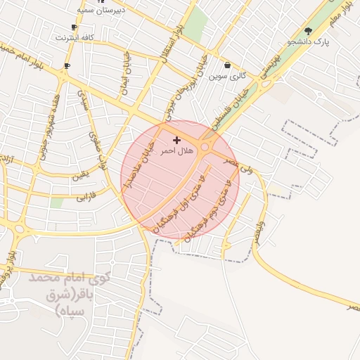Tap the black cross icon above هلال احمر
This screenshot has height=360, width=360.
point(176,141)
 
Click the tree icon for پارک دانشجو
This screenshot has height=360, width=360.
point(308,31)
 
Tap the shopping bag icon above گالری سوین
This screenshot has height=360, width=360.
point(227,65)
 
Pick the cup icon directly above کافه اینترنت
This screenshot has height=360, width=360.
point(74,27)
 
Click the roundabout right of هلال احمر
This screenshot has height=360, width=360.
point(207,147)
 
